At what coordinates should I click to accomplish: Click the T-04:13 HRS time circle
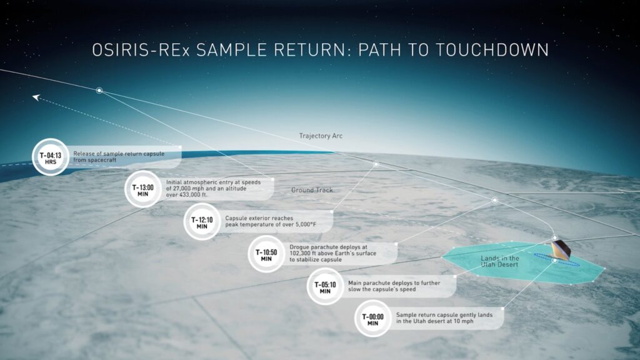click(51, 157)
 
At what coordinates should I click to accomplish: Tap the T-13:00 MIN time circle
click(143, 189)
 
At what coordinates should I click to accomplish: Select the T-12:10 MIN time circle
click(202, 222)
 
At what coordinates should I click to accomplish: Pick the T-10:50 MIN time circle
click(266, 254)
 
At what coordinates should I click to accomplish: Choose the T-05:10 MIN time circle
click(325, 286)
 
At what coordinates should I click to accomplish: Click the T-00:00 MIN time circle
click(372, 318)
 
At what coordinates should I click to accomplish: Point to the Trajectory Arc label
click(321, 136)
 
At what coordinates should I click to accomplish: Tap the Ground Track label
click(312, 190)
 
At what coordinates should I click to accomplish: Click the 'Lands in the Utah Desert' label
click(499, 261)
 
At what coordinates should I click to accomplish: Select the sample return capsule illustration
click(561, 249)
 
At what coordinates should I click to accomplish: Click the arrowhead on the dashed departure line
click(36, 97)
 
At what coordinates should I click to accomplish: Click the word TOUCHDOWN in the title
click(492, 50)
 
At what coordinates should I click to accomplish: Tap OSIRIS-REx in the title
click(141, 50)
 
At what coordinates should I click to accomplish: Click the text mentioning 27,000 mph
click(213, 189)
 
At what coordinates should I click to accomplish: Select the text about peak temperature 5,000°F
click(271, 221)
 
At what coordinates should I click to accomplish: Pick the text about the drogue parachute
click(332, 253)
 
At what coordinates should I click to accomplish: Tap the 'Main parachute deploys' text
click(394, 286)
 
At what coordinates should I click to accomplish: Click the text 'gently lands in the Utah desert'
click(444, 318)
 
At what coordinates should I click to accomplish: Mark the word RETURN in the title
click(310, 50)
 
